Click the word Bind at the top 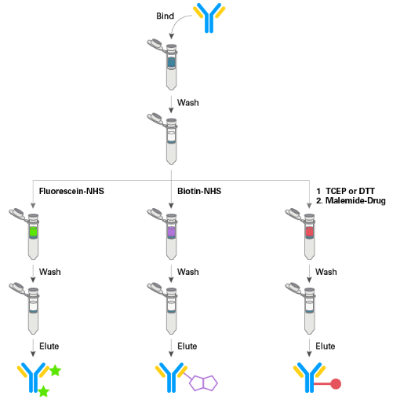point(165,16)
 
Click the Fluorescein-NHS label point(71,191)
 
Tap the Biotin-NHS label point(199,191)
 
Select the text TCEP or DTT point(350,191)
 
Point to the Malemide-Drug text point(355,200)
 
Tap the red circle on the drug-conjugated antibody point(336,384)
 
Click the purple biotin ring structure point(203,383)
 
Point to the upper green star point(55,371)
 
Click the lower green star point(43,391)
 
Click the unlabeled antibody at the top point(209,18)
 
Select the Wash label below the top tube point(187,103)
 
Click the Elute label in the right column point(326,346)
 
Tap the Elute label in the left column point(49,346)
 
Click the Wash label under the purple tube point(187,272)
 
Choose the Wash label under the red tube point(326,272)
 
